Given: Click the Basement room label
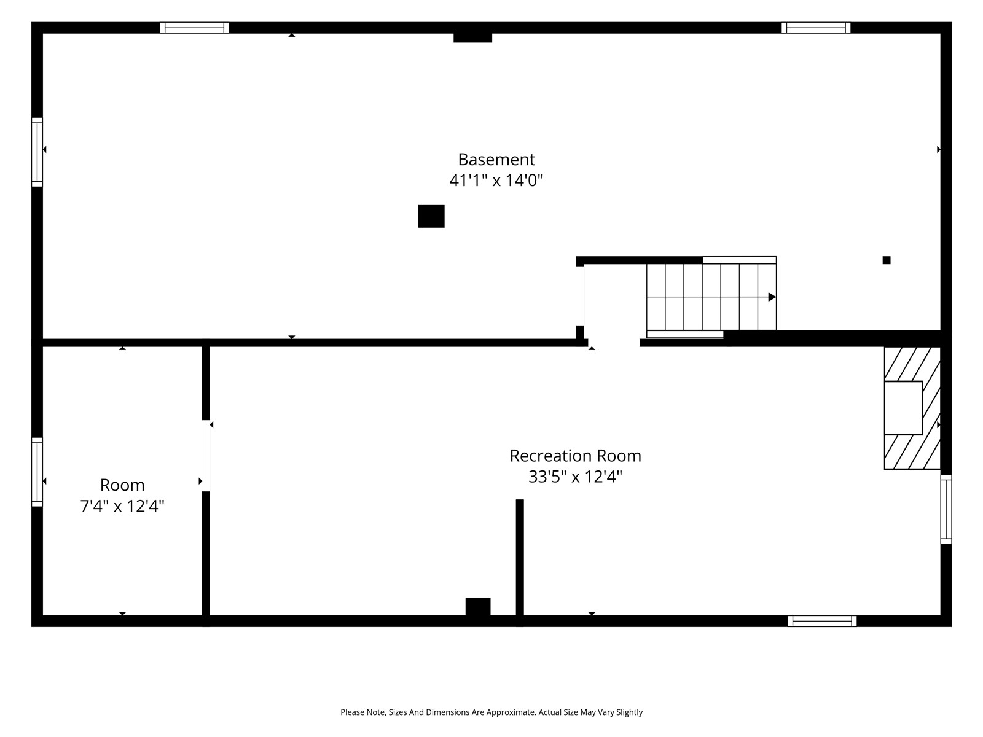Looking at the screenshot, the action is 496,160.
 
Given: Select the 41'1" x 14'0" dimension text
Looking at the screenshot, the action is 496,181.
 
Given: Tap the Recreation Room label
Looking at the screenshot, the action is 576,456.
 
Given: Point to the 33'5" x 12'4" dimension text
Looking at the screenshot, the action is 576,477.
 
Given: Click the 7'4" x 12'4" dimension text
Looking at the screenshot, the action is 122,507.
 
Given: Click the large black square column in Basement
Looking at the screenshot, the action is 431,216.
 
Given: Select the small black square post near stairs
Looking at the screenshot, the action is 887,260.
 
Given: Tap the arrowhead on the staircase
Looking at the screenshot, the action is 772,297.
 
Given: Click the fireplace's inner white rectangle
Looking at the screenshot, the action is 903,408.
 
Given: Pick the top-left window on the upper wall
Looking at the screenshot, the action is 194,28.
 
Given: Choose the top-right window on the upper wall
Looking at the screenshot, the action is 816,28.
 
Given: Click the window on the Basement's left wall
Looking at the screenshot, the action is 37,152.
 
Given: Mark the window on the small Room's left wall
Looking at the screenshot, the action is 37,472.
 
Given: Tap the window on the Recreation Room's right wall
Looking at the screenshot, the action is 946,509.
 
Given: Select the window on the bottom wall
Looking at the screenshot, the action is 822,621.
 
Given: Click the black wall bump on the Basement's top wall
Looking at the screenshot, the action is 473,37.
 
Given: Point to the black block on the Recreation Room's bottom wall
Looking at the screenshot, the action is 478,607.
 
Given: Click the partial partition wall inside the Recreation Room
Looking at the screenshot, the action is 520,558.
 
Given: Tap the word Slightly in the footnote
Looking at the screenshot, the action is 630,712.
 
